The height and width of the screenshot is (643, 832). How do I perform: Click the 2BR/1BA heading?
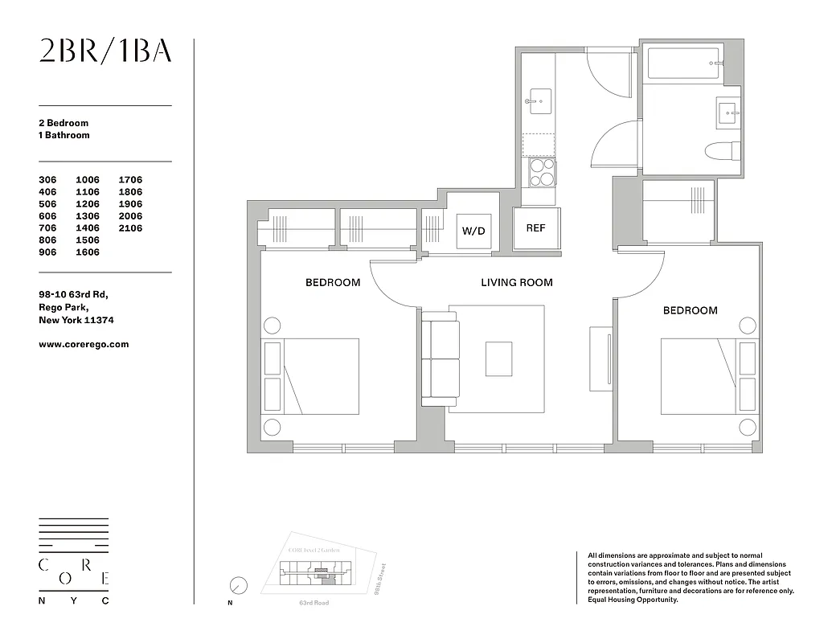(x=105, y=51)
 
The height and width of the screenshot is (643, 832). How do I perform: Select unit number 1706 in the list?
(x=130, y=180)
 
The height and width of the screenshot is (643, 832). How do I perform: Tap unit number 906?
(x=50, y=252)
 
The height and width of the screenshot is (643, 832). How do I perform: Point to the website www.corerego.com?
(x=84, y=344)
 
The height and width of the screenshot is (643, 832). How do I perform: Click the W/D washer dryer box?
(x=473, y=231)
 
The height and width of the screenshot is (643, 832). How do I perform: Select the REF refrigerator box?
(x=536, y=228)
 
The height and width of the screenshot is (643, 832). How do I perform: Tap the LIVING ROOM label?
(x=516, y=282)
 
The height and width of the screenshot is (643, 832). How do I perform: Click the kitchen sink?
(x=536, y=101)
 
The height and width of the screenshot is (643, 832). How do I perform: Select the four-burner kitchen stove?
(x=542, y=172)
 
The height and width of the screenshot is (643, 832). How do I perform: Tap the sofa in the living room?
(x=439, y=358)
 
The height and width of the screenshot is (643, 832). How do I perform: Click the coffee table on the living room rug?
(x=498, y=358)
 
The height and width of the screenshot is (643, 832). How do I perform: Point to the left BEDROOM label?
(x=332, y=282)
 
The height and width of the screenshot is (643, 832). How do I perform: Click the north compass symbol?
(x=238, y=586)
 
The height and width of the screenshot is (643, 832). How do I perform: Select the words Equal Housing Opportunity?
(x=633, y=600)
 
